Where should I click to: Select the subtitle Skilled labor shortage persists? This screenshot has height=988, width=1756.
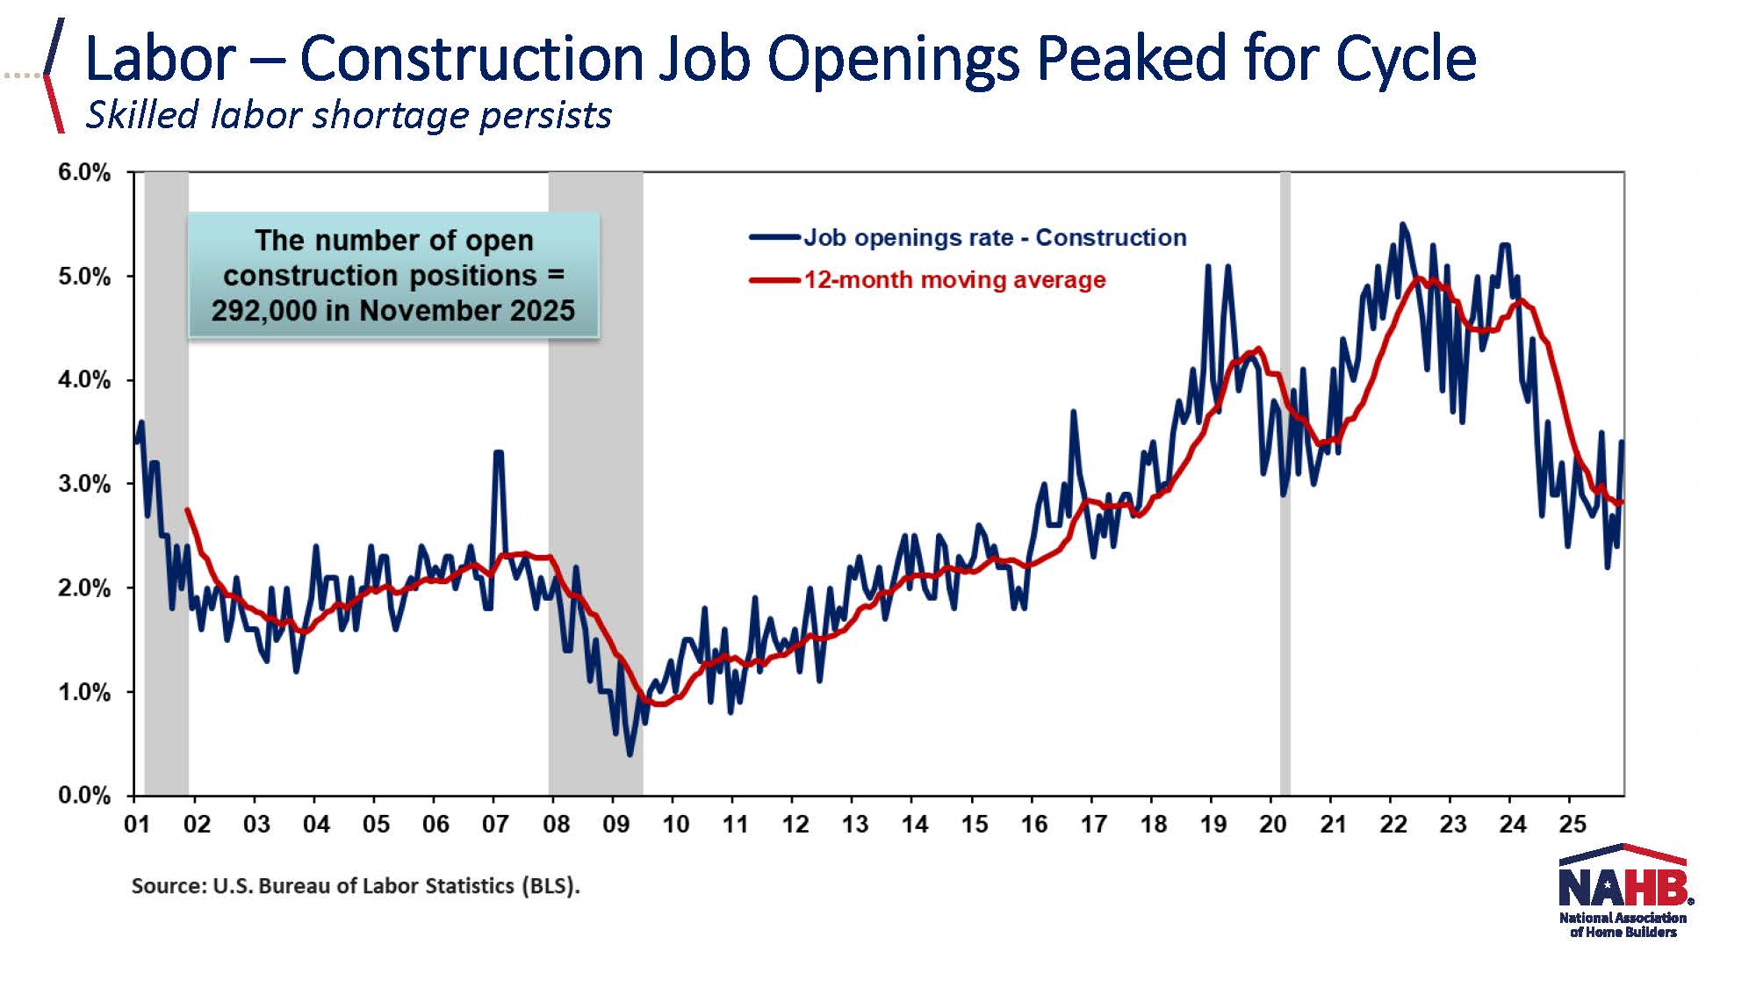349,115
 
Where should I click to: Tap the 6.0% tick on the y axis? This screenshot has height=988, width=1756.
84,172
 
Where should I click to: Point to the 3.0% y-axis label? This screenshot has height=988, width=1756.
84,484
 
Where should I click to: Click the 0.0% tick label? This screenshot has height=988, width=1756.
84,796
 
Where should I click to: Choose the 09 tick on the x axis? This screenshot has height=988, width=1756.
615,824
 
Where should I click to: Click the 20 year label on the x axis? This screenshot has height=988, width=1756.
1272,824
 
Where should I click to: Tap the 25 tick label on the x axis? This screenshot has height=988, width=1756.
1572,824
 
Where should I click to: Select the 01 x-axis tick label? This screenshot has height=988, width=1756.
136,824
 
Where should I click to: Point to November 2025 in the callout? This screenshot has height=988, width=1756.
467,311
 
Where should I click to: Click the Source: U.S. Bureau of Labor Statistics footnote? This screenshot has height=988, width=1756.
356,885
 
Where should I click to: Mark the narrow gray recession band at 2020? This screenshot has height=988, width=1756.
1285,483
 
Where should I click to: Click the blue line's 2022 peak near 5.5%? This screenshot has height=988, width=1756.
1402,225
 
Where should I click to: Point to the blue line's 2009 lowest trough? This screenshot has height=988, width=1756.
630,754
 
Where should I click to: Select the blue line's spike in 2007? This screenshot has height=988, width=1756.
498,453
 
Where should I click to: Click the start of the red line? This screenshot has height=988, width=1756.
187,509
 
